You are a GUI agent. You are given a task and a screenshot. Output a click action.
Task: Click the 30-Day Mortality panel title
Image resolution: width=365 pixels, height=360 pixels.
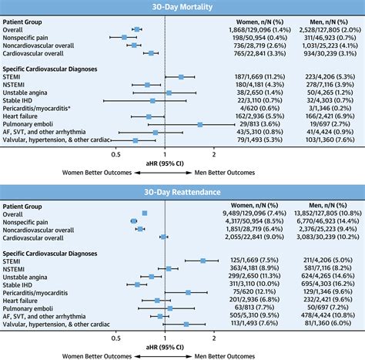click(182, 8)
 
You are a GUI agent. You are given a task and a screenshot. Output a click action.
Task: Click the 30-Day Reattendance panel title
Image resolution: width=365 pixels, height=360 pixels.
click(182, 191)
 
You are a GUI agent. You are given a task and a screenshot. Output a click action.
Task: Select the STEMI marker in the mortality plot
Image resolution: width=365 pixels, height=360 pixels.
click(181, 77)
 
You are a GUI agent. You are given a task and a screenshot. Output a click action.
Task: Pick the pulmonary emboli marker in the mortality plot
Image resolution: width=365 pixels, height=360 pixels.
click(200, 124)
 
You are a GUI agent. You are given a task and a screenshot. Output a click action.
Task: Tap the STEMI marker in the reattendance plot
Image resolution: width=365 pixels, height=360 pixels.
click(203, 261)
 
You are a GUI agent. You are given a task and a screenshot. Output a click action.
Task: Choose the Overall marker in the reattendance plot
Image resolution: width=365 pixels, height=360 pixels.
click(145, 212)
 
